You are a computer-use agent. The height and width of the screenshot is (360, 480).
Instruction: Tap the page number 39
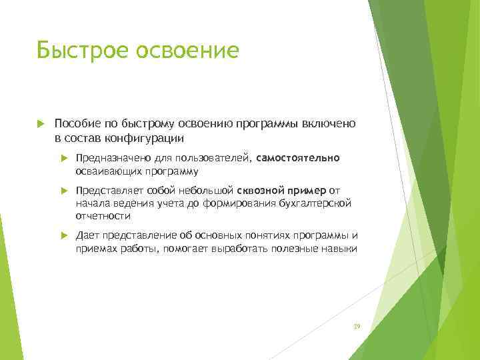tap(356, 326)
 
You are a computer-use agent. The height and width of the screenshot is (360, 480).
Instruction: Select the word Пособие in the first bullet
tap(75, 124)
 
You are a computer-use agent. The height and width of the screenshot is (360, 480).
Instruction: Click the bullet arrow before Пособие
tap(41, 124)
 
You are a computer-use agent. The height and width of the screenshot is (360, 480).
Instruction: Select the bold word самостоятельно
tap(297, 159)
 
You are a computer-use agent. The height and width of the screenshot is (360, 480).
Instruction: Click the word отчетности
tap(103, 216)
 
